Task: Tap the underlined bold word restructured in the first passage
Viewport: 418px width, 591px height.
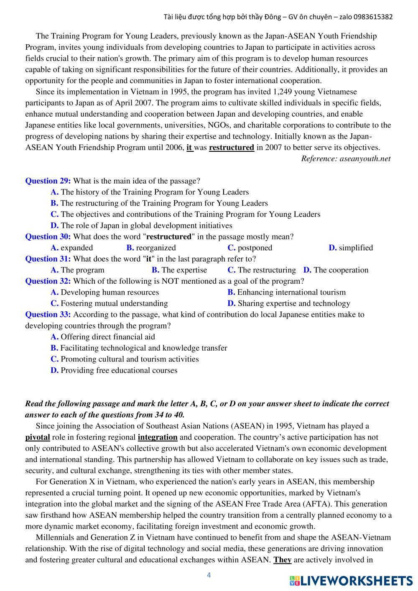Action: [232, 148]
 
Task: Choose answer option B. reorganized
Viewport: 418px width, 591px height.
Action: [151, 248]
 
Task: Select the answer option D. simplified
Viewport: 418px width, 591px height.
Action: [351, 248]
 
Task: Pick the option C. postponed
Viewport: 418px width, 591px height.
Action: [250, 248]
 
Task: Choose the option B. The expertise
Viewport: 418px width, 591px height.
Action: [179, 270]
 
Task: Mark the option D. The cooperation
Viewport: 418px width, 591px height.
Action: [336, 270]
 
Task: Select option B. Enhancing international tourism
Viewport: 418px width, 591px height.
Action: [287, 292]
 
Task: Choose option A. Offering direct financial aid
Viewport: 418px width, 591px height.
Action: [103, 337]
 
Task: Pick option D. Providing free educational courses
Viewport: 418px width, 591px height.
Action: [114, 370]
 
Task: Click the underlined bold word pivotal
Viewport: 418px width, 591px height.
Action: [38, 437]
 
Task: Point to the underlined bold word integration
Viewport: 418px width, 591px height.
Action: [158, 437]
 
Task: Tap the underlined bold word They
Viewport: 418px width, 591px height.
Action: [283, 560]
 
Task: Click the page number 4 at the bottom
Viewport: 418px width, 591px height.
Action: [209, 575]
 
